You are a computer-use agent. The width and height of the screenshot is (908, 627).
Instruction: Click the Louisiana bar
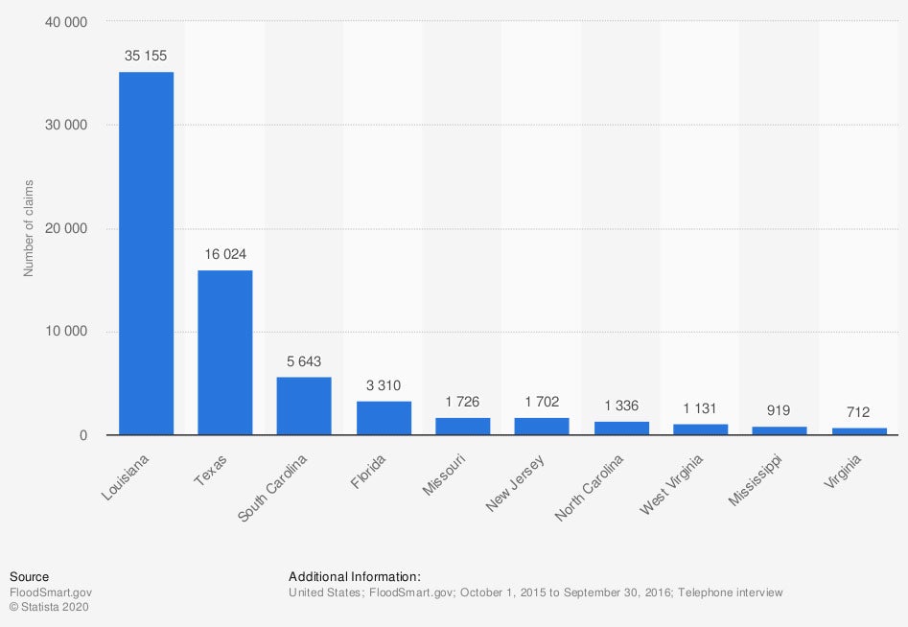tap(146, 253)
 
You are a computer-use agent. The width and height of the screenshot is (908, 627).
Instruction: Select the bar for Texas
tap(224, 353)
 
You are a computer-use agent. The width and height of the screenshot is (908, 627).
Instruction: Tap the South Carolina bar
tap(304, 406)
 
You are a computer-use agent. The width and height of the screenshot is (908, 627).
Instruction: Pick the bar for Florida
tap(384, 418)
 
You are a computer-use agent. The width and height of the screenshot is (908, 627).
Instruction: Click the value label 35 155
tap(146, 56)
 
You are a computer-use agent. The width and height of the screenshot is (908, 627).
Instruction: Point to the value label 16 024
tap(224, 254)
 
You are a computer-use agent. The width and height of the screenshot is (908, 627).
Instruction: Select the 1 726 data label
tap(463, 402)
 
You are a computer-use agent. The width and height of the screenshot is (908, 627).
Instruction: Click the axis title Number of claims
tap(29, 228)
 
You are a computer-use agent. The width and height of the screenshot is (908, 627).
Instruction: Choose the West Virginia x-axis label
tap(670, 485)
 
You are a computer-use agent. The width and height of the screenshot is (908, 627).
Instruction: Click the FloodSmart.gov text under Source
tap(51, 592)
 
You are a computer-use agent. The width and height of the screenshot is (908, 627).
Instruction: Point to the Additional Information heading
tap(355, 576)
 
